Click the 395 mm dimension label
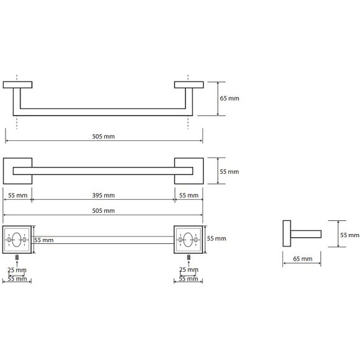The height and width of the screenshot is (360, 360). click(x=103, y=196)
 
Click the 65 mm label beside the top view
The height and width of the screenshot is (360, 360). click(x=230, y=98)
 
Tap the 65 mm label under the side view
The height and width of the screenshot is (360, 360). click(x=303, y=259)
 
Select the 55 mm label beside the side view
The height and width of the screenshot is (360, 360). click(x=349, y=235)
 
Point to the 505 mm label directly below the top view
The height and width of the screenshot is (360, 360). click(x=103, y=137)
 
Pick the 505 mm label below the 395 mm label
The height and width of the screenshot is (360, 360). click(x=103, y=210)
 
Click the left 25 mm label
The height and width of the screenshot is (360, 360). click(x=17, y=270)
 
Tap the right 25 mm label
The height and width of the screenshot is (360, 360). click(x=189, y=269)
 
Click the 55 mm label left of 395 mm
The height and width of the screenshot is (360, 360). click(x=17, y=196)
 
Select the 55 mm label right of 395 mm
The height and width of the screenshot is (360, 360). click(x=189, y=196)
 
